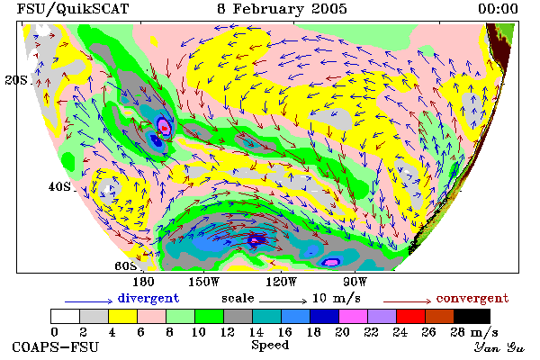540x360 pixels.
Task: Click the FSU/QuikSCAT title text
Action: (x=73, y=9)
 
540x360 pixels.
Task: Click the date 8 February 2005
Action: (x=282, y=9)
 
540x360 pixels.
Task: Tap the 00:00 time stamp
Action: (x=498, y=9)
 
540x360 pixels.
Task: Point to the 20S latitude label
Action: (x=16, y=80)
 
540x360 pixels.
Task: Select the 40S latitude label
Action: (x=59, y=187)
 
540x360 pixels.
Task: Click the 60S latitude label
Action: (x=126, y=266)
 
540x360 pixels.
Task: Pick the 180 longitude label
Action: (x=143, y=282)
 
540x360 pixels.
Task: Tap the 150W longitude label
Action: (x=204, y=282)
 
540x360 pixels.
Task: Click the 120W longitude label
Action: (x=281, y=282)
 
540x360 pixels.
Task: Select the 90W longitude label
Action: (x=355, y=282)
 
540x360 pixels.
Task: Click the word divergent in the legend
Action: (x=148, y=298)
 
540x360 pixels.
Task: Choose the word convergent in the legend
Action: (x=472, y=298)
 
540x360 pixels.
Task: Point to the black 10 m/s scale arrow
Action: (x=283, y=301)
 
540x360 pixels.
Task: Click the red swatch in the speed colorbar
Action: (x=410, y=316)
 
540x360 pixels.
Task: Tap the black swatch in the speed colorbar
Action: (x=472, y=316)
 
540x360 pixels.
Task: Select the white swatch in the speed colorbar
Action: (x=65, y=316)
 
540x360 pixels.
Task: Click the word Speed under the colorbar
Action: (x=270, y=346)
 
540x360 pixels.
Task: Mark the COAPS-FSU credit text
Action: (x=56, y=346)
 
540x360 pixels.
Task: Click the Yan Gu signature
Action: (x=499, y=346)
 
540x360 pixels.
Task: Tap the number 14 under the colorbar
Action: (x=256, y=332)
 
